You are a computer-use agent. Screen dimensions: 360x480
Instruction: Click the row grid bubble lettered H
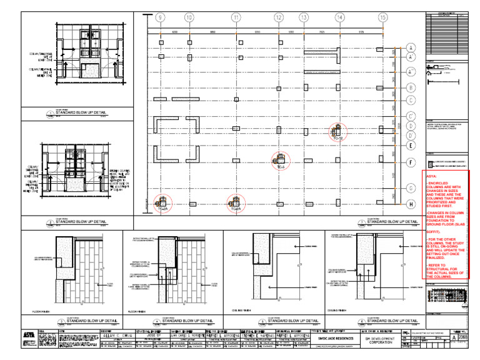pyautogui.click(x=411, y=204)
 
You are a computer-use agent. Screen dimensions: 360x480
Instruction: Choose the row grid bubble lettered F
pyautogui.click(x=411, y=162)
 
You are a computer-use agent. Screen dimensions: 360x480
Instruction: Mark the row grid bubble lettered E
pyautogui.click(x=411, y=146)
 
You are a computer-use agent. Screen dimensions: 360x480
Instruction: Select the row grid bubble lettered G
pyautogui.click(x=411, y=187)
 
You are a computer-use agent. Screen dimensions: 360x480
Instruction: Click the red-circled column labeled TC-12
pyautogui.click(x=336, y=131)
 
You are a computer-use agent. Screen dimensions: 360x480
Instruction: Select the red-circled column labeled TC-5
pyautogui.click(x=281, y=160)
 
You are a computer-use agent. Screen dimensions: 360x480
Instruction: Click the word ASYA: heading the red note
pyautogui.click(x=431, y=177)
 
